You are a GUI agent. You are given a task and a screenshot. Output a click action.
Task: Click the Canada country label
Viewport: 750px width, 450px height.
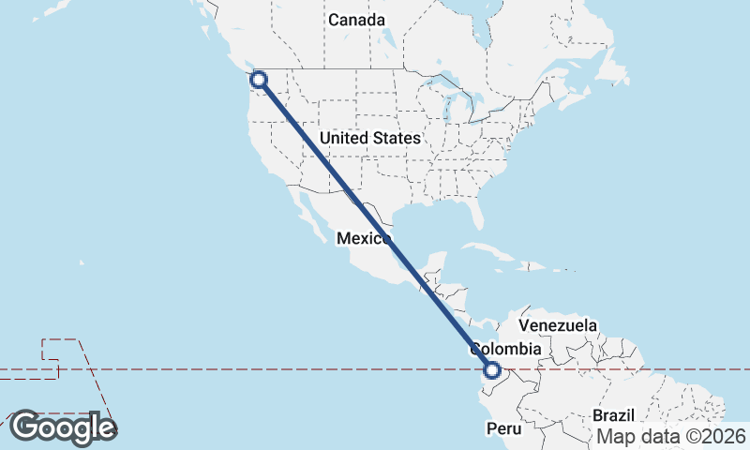[356, 20]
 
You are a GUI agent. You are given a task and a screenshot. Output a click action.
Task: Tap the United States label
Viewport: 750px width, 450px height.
[370, 138]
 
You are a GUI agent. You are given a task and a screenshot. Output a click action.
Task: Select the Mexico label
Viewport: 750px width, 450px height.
[363, 239]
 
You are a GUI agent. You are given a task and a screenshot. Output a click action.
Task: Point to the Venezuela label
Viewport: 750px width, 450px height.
[558, 325]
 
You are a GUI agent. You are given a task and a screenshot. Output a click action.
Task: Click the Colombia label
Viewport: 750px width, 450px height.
[506, 349]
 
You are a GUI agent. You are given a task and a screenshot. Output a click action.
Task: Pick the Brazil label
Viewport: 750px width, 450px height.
[614, 415]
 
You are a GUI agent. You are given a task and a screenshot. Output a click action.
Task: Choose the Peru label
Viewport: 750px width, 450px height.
[502, 427]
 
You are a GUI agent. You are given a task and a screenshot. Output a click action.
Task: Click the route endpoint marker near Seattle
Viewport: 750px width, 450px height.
[258, 80]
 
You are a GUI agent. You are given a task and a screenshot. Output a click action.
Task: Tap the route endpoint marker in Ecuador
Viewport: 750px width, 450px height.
[492, 370]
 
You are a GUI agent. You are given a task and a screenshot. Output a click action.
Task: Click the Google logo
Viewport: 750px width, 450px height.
[63, 427]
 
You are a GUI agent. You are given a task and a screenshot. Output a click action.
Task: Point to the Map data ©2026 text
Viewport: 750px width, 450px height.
[671, 436]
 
